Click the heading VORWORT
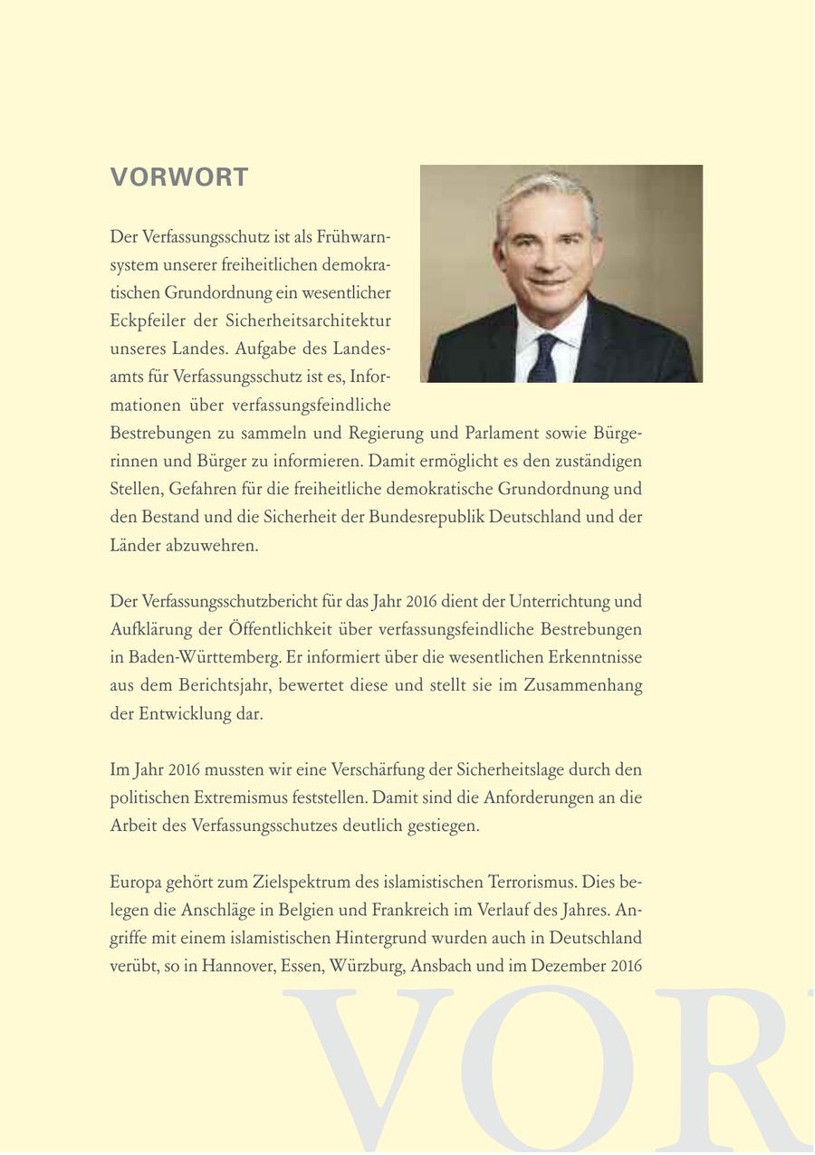[x=179, y=177]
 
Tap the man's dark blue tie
[x=546, y=358]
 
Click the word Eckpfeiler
[x=146, y=321]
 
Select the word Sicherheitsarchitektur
[x=319, y=321]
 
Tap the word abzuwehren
[x=212, y=546]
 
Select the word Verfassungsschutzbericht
[x=230, y=601]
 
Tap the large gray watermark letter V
[x=371, y=1068]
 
